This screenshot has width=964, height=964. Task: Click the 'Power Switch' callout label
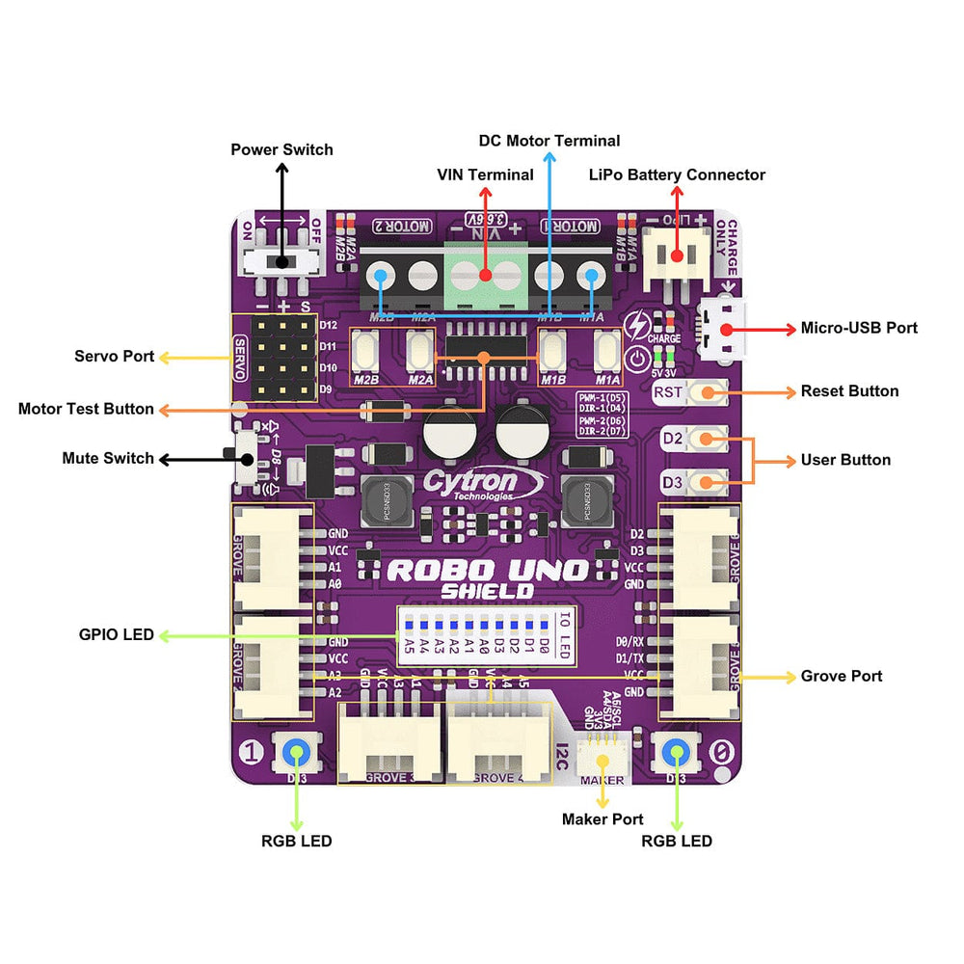tap(281, 149)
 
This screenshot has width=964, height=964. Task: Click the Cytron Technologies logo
tap(485, 484)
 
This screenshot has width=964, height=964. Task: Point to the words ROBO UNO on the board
tap(487, 570)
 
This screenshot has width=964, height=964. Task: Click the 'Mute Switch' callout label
tap(108, 459)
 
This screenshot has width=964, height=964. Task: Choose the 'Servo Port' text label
tap(114, 357)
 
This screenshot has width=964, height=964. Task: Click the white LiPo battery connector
tap(677, 256)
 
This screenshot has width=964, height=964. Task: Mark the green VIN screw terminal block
tap(485, 274)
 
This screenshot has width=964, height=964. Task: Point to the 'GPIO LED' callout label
tap(116, 635)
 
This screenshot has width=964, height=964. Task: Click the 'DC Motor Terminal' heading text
tap(549, 141)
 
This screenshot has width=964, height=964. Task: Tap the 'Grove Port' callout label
tap(841, 677)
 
